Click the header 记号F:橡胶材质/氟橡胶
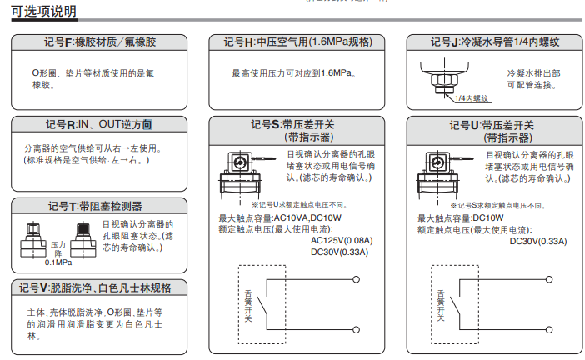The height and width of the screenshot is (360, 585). coord(99,42)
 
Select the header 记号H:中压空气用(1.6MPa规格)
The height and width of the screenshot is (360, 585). coord(297,42)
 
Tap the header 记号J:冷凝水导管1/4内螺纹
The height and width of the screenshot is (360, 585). coord(494,42)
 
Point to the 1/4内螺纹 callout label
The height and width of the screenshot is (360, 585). coord(472,97)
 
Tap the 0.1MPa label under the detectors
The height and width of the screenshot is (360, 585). coord(58,262)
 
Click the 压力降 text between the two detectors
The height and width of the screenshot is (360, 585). coord(58,249)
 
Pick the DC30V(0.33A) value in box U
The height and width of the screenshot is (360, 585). coord(537,241)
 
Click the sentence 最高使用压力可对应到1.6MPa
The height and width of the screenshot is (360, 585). coord(295,73)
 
